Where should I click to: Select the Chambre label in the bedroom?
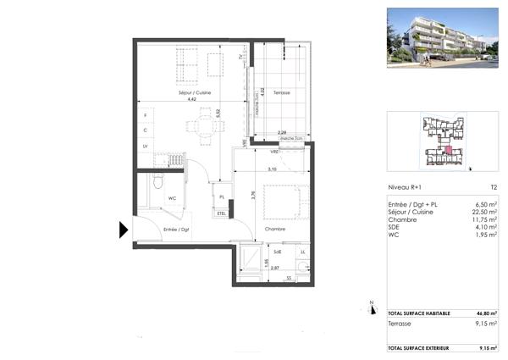[x=273, y=229]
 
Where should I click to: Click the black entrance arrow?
[x=123, y=229]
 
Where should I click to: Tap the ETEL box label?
[x=223, y=213]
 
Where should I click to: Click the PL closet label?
[x=222, y=197]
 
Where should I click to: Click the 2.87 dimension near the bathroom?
[x=275, y=268]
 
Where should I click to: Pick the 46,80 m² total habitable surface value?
[x=484, y=313]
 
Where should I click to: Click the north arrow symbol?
[x=371, y=307]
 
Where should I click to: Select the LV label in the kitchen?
[x=145, y=147]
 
